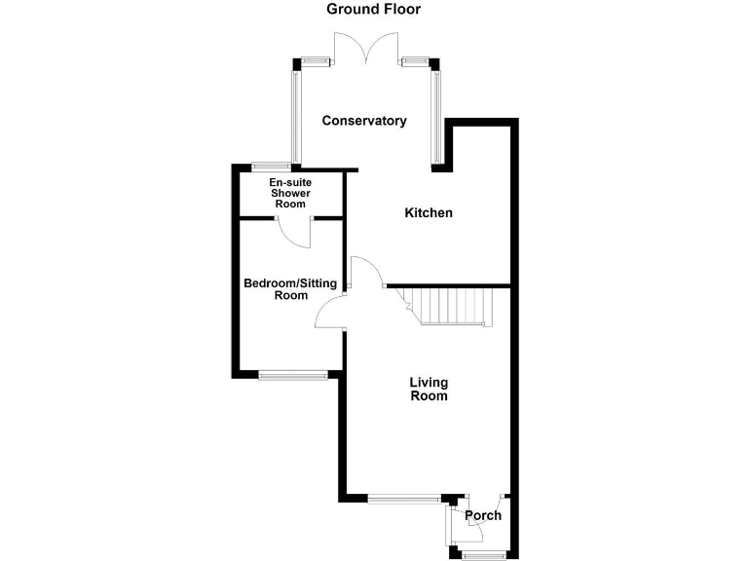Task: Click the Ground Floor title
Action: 374,10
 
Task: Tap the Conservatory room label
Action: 364,122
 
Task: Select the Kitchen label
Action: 429,212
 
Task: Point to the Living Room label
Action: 429,390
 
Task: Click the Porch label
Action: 483,516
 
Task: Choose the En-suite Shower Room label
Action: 289,193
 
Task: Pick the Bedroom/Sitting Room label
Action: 289,289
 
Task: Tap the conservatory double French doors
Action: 365,49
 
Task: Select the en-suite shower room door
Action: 292,232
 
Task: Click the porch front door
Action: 476,527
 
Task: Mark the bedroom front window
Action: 293,373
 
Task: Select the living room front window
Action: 403,500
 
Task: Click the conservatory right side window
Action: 436,115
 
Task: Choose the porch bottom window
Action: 484,555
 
